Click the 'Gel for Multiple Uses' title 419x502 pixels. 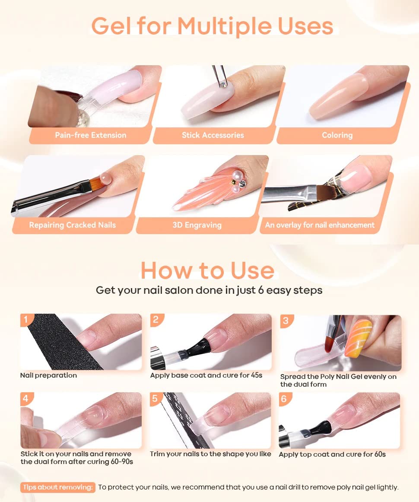(x=212, y=26)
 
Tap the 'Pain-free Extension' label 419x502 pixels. (x=91, y=135)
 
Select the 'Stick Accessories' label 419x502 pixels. (x=213, y=135)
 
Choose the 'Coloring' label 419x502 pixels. (x=337, y=135)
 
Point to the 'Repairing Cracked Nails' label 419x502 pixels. (x=72, y=225)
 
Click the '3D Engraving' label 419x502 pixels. (x=197, y=225)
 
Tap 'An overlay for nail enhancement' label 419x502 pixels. (x=320, y=225)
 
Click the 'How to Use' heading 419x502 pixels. (x=207, y=270)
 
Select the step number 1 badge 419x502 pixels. (x=26, y=319)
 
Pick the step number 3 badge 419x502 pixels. (x=286, y=321)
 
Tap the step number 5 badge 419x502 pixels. (x=155, y=398)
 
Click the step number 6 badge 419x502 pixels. (x=284, y=399)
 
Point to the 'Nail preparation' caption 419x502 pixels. (x=48, y=375)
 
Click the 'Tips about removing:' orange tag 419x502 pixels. (x=58, y=487)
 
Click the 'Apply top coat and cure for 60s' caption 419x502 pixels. (x=332, y=454)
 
